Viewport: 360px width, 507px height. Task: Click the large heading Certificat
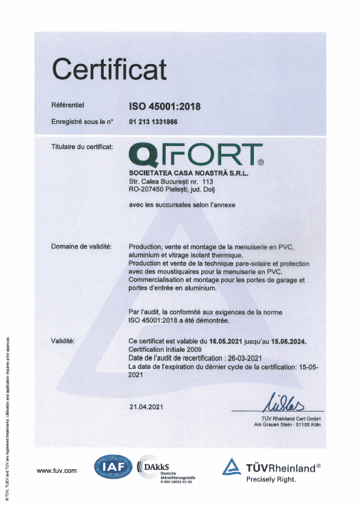click(x=110, y=70)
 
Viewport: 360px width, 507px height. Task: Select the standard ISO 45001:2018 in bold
click(x=165, y=107)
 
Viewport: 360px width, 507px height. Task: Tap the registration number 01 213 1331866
click(x=153, y=122)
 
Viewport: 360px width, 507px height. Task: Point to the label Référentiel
click(x=68, y=106)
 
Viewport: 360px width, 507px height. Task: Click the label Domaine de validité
click(x=81, y=246)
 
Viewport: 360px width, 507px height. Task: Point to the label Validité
click(x=64, y=342)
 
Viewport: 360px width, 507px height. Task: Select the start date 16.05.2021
click(x=230, y=342)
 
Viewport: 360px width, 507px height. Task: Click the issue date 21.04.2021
click(x=147, y=407)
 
